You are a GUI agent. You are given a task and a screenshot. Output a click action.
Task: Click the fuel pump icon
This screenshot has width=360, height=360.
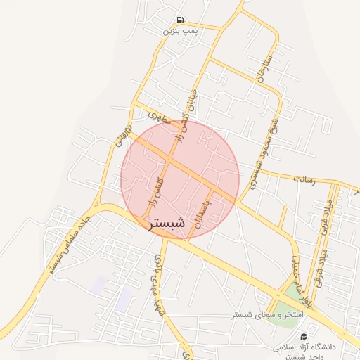point(181,20)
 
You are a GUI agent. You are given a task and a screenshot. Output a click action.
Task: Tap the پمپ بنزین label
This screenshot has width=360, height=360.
point(177,31)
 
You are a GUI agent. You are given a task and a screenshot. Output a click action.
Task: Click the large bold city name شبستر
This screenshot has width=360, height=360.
point(166,224)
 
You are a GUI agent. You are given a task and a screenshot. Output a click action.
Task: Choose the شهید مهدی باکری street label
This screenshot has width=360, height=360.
point(153,282)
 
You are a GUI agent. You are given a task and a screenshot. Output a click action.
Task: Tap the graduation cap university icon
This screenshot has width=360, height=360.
point(303,337)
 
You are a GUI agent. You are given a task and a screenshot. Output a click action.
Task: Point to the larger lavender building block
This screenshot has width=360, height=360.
point(123,300)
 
